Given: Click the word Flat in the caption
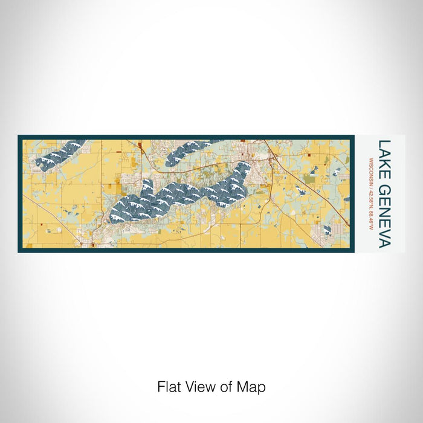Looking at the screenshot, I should coord(169,387).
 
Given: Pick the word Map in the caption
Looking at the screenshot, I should coord(254,387).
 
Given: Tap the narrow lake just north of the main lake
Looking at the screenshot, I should coord(187,150).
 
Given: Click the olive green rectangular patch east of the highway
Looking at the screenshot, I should coord(309,179).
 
